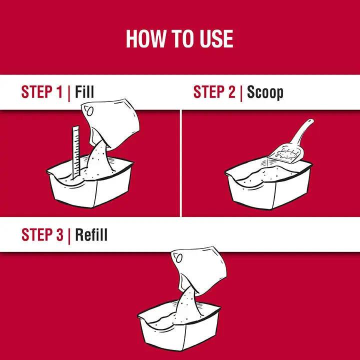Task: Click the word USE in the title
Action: (x=216, y=38)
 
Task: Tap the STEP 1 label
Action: (x=42, y=92)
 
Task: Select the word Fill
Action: (x=84, y=91)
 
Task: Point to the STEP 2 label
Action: (x=214, y=92)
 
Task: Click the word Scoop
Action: (x=265, y=93)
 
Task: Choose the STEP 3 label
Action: (x=42, y=234)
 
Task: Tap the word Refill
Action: (x=91, y=234)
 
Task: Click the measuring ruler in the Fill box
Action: (x=76, y=152)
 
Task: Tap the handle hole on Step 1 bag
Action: (x=90, y=111)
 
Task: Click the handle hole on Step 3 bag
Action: (x=179, y=258)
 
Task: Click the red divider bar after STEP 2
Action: (x=241, y=93)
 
